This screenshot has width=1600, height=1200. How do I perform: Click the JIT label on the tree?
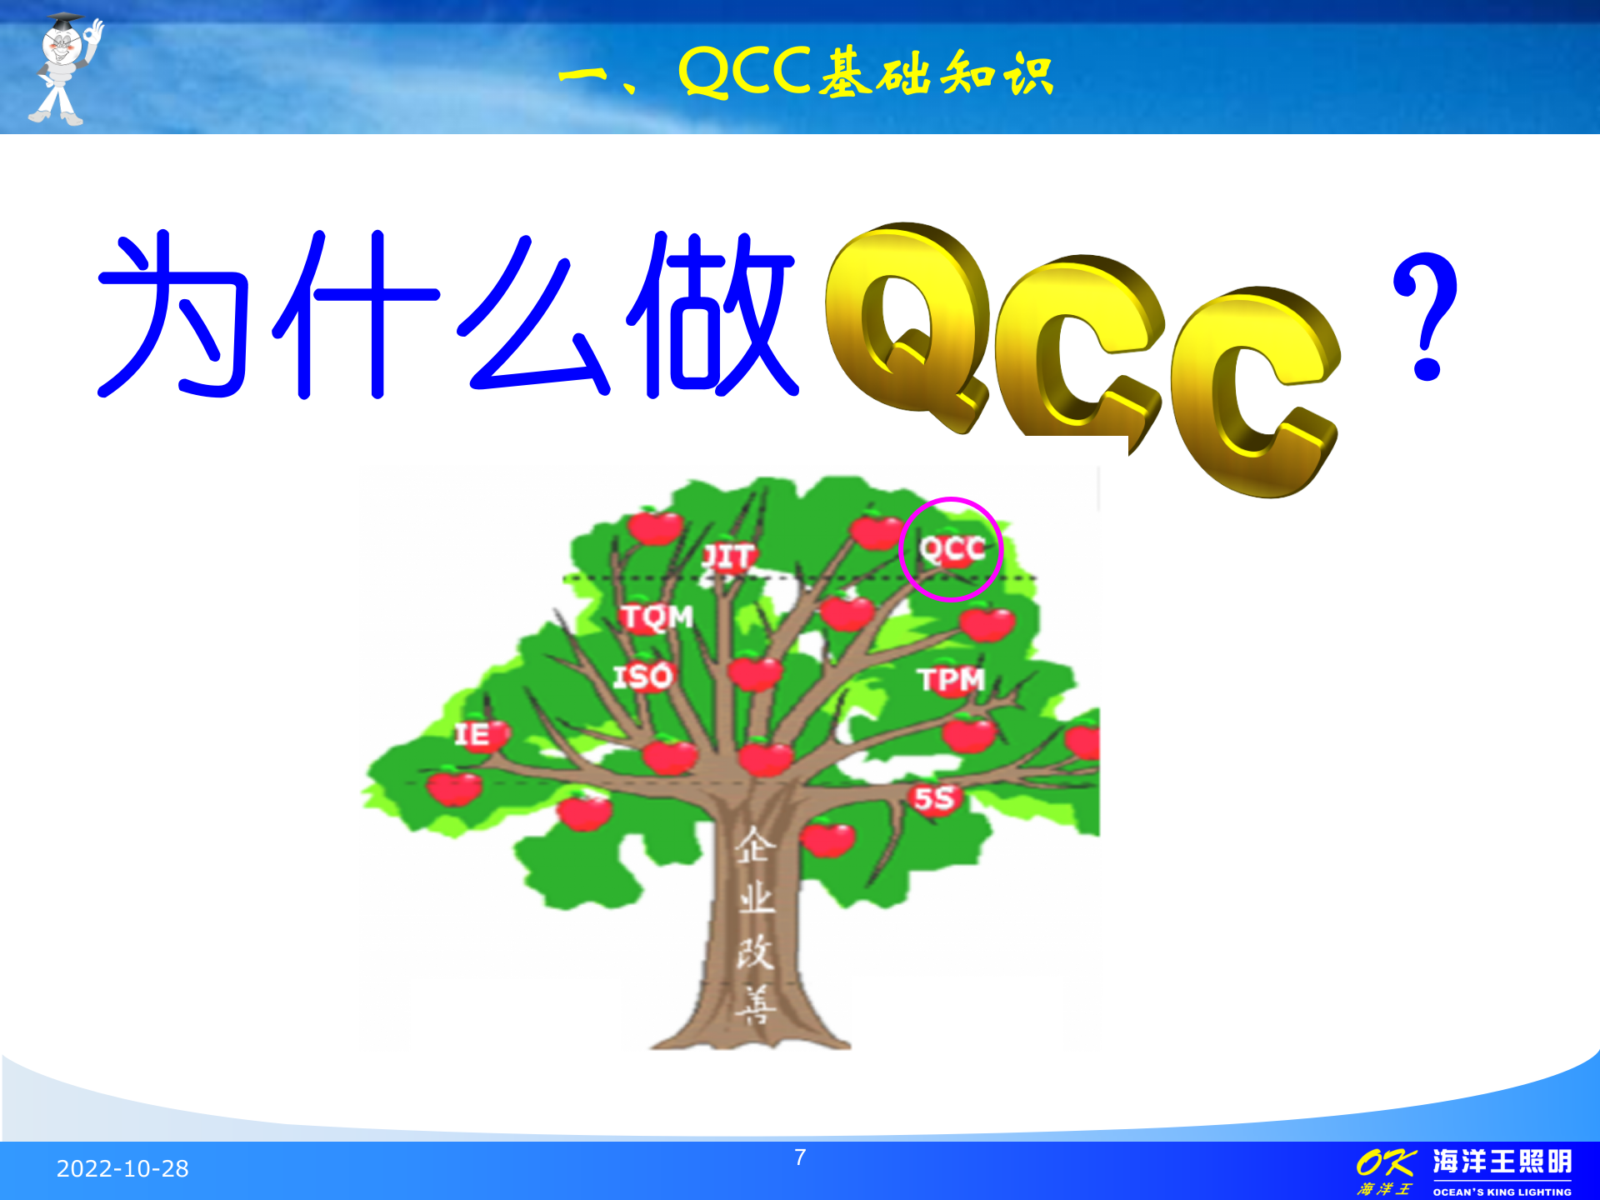point(729,557)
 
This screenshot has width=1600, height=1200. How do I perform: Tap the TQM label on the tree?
point(657,617)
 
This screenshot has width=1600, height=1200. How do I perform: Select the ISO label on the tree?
point(642,677)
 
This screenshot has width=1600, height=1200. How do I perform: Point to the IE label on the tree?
point(472,735)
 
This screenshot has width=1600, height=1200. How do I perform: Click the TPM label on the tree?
point(952,680)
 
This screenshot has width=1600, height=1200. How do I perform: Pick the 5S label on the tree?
point(933,798)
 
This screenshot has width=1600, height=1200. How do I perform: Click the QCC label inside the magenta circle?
point(952,549)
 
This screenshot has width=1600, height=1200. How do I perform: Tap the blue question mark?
point(1426,317)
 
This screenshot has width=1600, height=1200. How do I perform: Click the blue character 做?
point(712,315)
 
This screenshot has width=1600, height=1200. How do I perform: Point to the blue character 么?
point(533,315)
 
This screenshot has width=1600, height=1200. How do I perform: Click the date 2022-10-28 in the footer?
point(122,1168)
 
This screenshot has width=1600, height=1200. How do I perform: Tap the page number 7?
point(800,1157)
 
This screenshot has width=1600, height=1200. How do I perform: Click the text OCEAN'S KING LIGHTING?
point(1502,1192)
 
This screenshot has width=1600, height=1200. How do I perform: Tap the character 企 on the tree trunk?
point(755,845)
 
